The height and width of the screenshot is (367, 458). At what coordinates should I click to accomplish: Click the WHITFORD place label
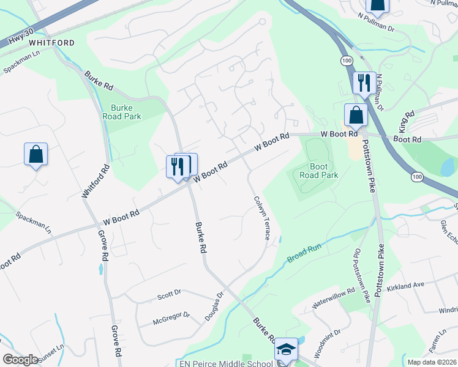pos(51,43)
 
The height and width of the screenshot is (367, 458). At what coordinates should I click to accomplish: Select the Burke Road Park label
pos(126,112)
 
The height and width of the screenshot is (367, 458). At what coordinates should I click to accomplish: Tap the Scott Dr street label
pos(169,294)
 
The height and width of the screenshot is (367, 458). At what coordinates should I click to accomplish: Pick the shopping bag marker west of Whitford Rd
pos(36,154)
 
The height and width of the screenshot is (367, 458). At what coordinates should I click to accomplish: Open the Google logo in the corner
pos(20,360)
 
